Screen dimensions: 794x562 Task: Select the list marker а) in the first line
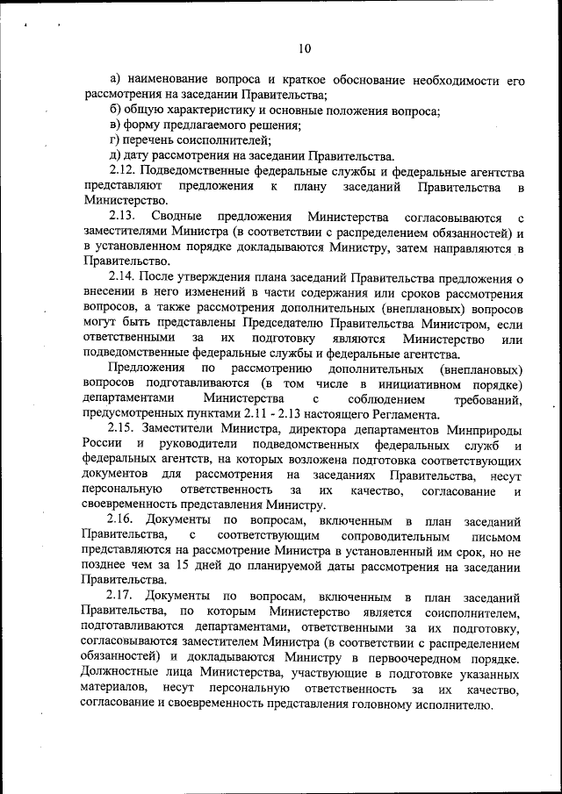click(x=115, y=80)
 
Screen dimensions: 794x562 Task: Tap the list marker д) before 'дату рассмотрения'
click(x=115, y=155)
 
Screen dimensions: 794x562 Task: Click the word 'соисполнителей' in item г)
click(x=226, y=139)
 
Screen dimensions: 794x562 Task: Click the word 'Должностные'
click(x=122, y=673)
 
